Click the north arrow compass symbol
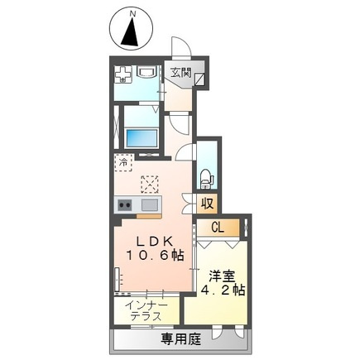(x=130, y=31)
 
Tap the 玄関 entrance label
(x=180, y=72)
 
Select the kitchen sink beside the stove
(x=150, y=204)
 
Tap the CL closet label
(x=218, y=228)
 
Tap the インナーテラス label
(x=148, y=312)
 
